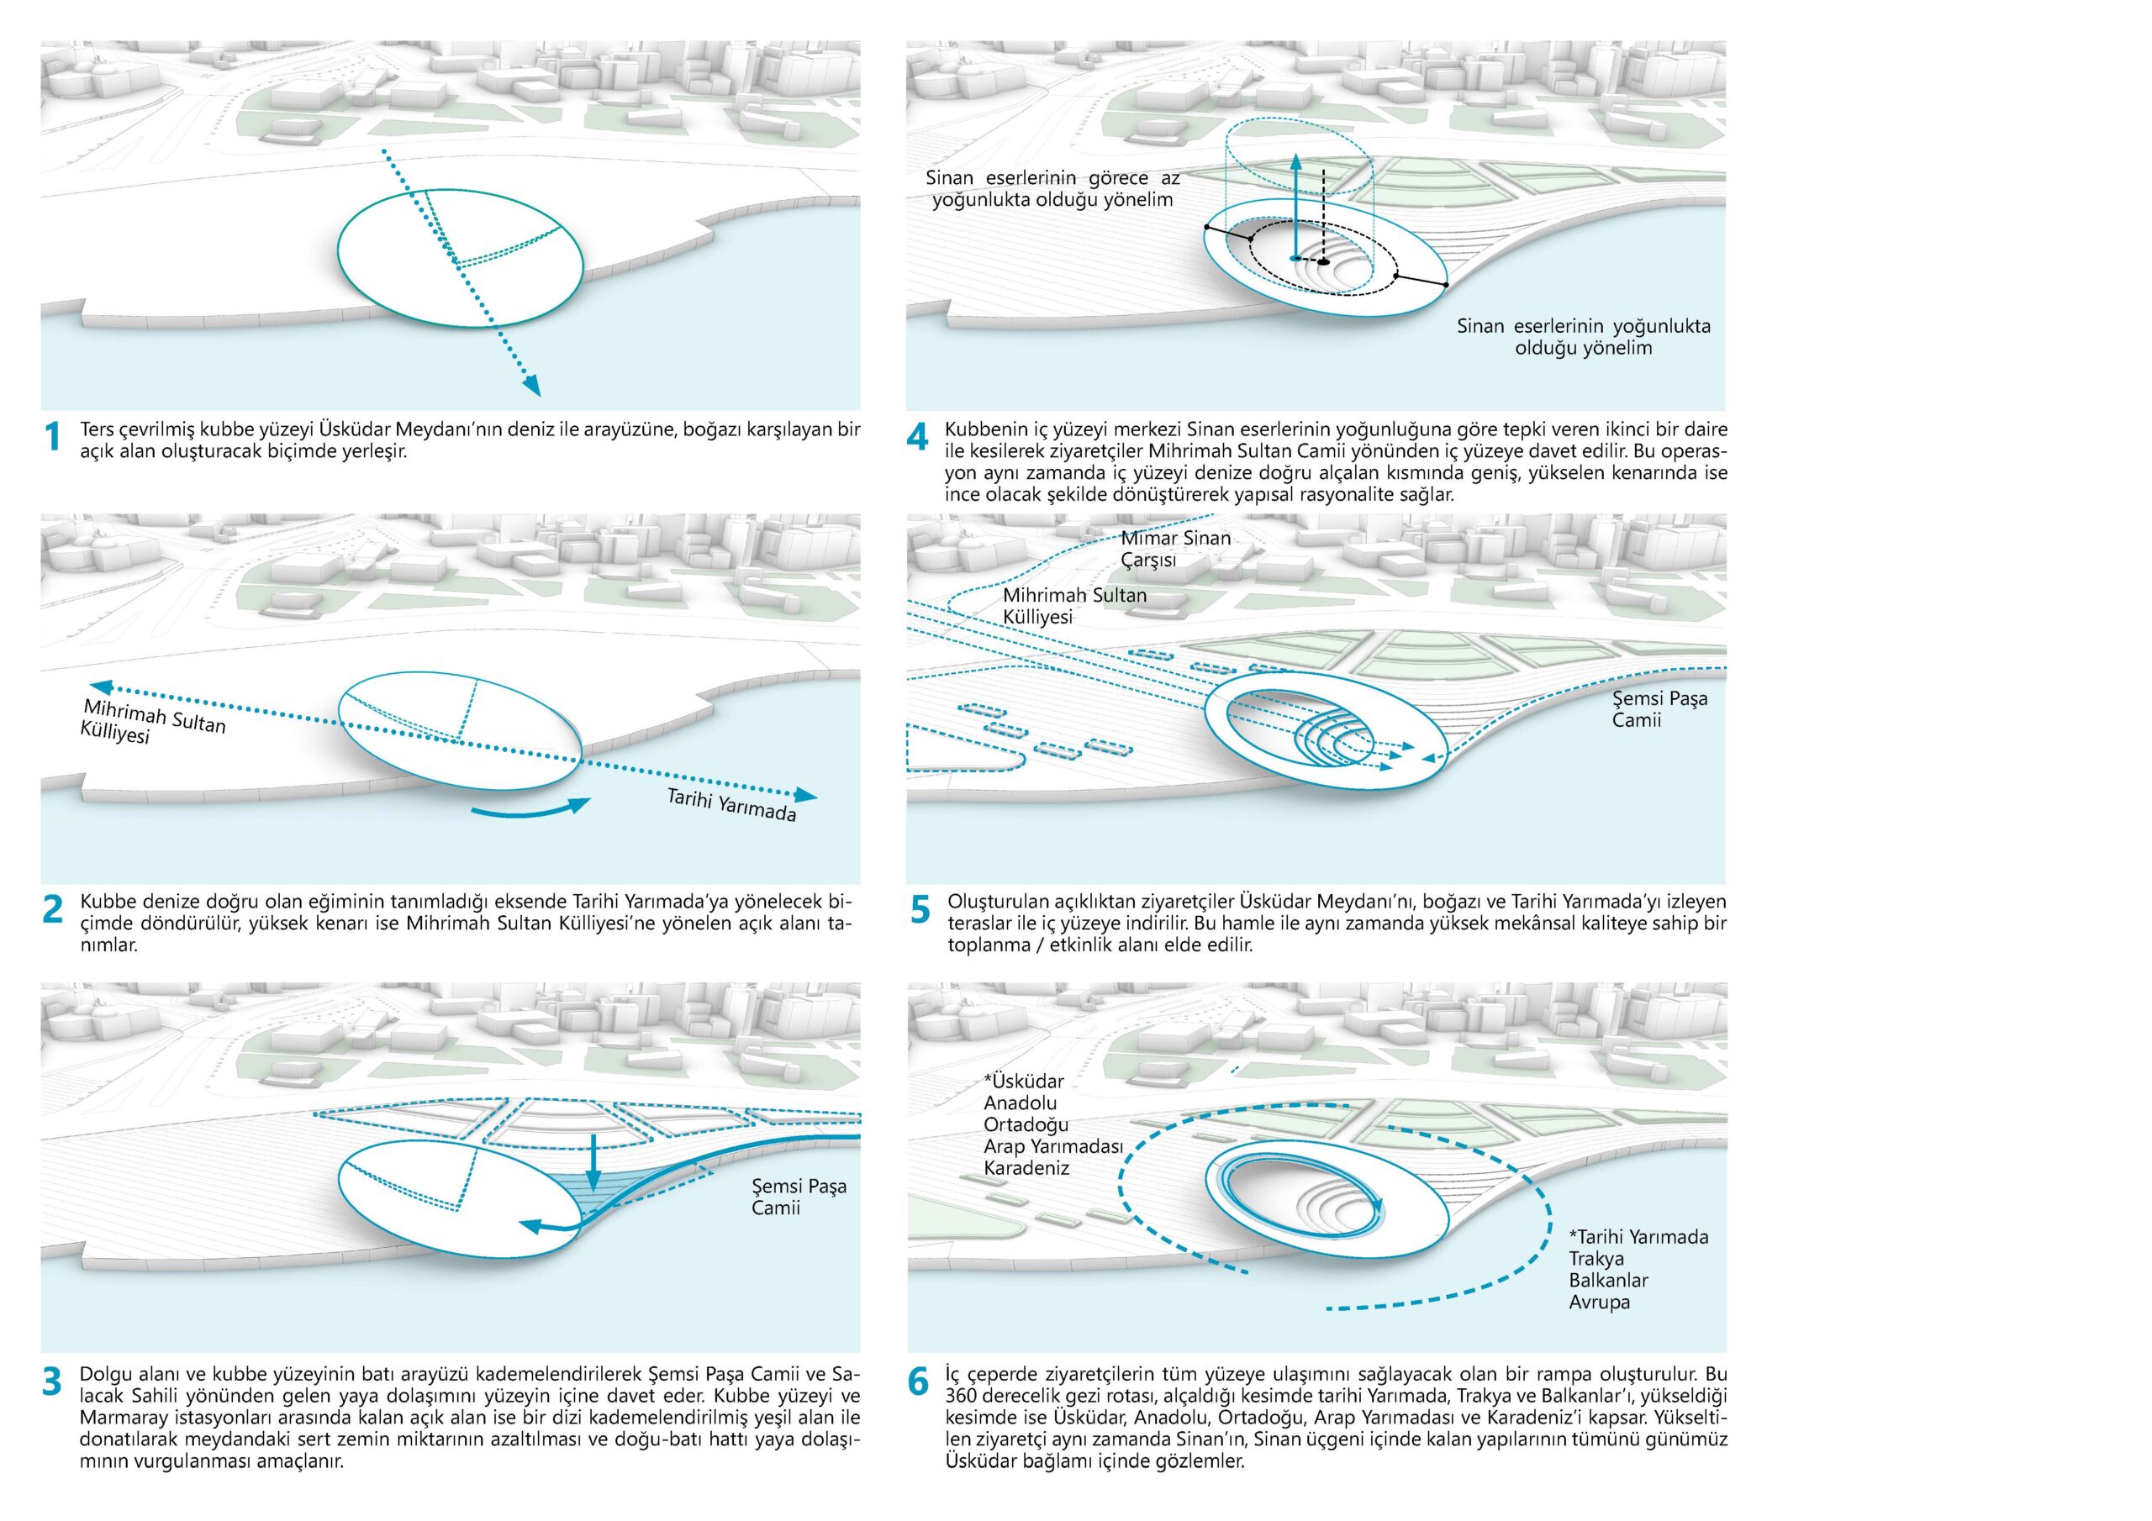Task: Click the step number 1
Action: (x=54, y=438)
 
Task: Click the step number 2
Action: (x=54, y=909)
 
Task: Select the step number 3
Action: (x=54, y=1382)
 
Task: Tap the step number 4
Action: (x=918, y=438)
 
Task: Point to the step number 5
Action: (x=920, y=909)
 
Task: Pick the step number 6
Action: (x=920, y=1382)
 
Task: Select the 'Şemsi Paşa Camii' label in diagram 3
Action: (x=799, y=1197)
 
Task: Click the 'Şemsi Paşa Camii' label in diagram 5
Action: (x=1659, y=708)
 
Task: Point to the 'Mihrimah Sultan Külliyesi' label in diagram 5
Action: (x=1074, y=605)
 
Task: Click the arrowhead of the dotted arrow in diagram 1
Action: (x=531, y=385)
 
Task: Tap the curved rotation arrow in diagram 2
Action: (x=530, y=811)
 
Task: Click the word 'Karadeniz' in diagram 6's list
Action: (x=1026, y=1168)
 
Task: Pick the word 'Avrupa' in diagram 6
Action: (x=1599, y=1302)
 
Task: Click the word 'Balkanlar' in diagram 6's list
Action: (x=1608, y=1280)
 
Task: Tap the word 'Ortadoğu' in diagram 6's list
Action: (x=1026, y=1124)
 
